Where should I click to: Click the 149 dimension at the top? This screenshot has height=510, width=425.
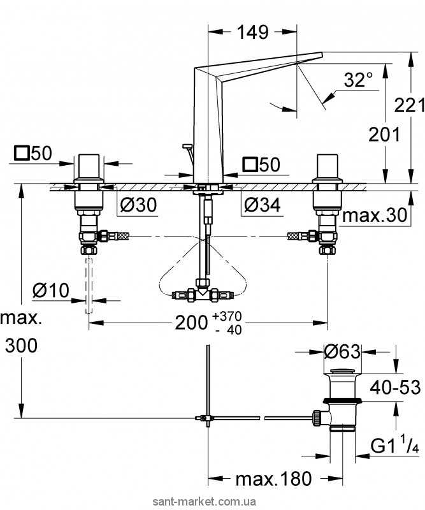[253, 32]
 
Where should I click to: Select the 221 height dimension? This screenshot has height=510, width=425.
[410, 105]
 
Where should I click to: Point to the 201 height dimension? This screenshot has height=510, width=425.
[384, 135]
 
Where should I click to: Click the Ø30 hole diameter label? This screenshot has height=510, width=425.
[138, 205]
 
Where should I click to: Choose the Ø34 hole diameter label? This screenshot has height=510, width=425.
[262, 205]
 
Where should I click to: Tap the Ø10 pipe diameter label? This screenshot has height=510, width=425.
[51, 290]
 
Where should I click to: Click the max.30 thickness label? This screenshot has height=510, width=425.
[375, 215]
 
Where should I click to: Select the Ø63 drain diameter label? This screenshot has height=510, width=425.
[342, 352]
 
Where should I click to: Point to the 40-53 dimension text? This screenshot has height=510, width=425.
[396, 387]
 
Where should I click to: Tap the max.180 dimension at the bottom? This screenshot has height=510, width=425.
[273, 479]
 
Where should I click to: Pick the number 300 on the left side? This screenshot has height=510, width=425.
[21, 346]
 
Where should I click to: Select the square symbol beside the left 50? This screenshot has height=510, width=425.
[22, 153]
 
